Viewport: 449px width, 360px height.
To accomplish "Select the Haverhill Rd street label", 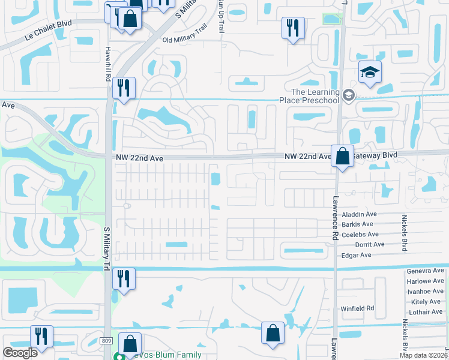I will [x=108, y=64].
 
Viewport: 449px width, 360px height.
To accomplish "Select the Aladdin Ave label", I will [x=359, y=214].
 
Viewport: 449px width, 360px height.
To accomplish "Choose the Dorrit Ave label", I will [x=370, y=244].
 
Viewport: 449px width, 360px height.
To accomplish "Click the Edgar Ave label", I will [x=356, y=255].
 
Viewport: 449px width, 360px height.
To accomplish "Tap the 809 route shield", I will [x=106, y=340].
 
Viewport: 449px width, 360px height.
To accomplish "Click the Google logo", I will [x=20, y=353].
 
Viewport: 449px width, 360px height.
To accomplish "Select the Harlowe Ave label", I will [x=425, y=281].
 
